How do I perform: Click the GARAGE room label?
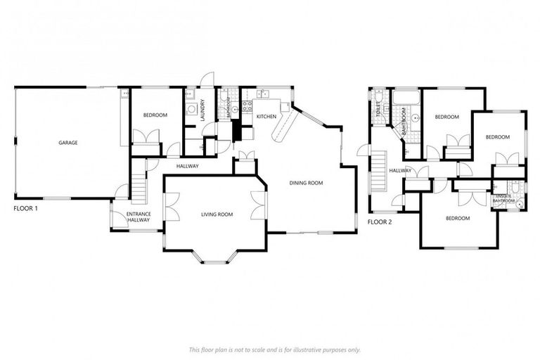68,143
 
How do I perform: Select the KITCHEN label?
266,116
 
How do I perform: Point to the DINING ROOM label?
306,183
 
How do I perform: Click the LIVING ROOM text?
217,214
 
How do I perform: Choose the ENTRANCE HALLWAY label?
139,217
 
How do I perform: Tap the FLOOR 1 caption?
26,209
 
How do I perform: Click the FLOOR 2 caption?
380,222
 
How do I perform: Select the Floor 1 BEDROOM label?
155,115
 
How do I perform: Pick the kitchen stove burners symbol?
247,107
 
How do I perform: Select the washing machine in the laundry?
190,110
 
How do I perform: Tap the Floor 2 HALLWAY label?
400,171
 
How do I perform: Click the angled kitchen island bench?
283,127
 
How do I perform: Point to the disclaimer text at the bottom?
274,349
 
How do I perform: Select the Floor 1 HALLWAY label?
187,166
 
